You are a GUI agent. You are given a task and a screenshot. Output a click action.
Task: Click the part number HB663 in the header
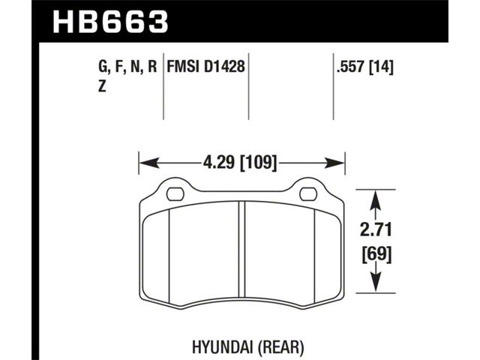(110, 22)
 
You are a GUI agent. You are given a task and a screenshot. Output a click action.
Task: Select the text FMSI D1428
(205, 67)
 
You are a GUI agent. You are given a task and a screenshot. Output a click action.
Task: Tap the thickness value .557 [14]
(364, 67)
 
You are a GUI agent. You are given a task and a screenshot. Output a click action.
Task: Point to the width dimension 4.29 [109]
(240, 162)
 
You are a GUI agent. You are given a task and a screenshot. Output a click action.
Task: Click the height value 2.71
(376, 230)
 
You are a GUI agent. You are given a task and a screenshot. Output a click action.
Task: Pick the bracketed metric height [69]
(376, 255)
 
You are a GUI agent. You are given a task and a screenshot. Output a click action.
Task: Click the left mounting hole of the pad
(175, 193)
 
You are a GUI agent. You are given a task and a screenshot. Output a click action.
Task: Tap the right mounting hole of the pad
(308, 194)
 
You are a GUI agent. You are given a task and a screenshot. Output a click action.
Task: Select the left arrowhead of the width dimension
(149, 163)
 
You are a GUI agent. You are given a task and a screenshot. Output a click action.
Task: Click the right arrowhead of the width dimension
(334, 163)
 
